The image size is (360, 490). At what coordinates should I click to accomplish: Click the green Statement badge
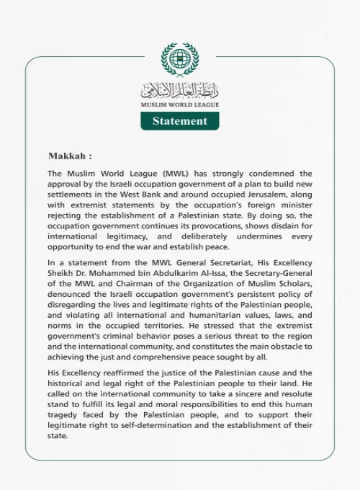179,121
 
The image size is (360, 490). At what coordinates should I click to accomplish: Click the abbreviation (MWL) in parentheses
163,174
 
